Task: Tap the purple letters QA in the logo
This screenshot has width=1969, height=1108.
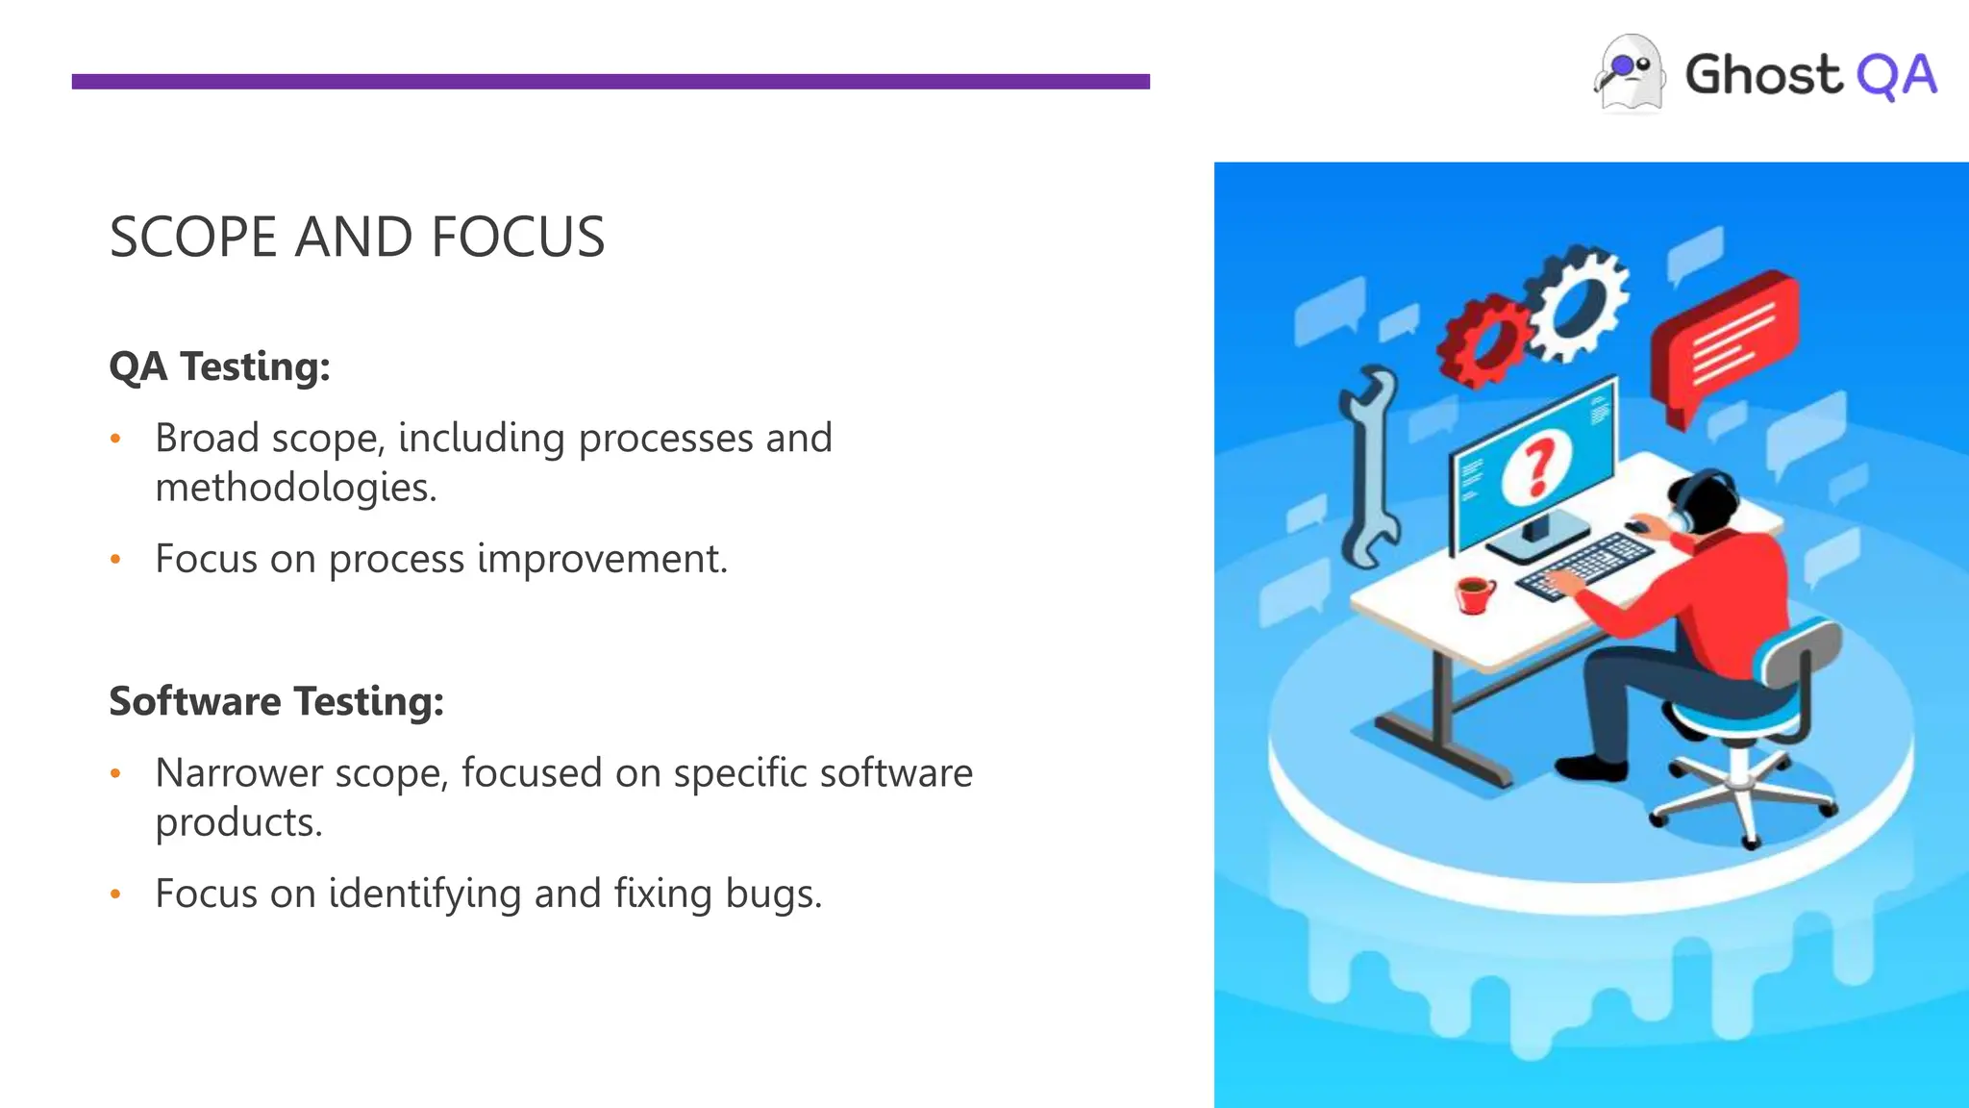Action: tap(1896, 76)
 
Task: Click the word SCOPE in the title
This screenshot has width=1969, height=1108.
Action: tap(192, 238)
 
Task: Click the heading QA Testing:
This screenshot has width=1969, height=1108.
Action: tap(219, 366)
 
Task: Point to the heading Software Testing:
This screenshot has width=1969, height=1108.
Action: tap(276, 701)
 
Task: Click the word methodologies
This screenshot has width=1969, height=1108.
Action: tap(295, 488)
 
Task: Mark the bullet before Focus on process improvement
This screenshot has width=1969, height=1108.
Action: tap(115, 559)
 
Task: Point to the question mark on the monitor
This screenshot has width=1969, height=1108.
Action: tap(1536, 466)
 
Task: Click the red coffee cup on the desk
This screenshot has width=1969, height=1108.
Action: tap(1474, 593)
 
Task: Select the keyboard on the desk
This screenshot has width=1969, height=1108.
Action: tap(1584, 567)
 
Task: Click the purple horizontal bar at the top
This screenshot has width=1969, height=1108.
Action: tap(611, 82)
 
